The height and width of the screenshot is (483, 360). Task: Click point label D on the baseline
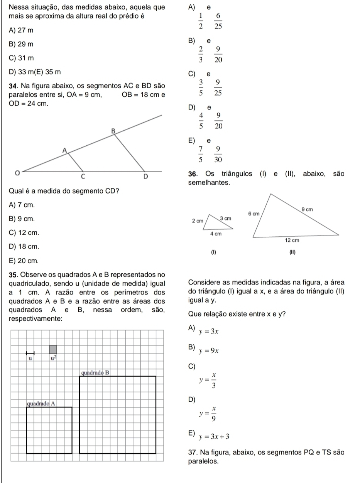point(145,177)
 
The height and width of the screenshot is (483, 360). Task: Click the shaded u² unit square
point(53,350)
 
